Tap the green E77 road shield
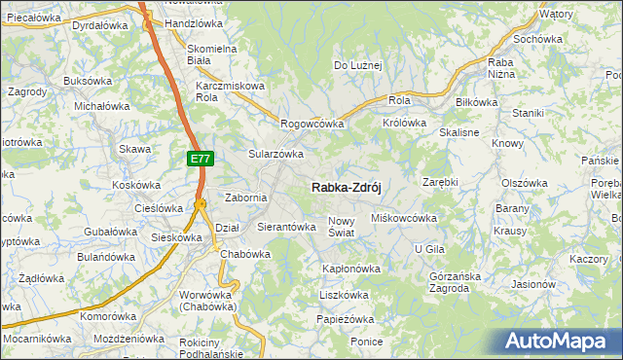[x=200, y=158]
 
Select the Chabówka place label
[x=244, y=254]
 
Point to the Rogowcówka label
[x=312, y=124]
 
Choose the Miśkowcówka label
[x=404, y=218]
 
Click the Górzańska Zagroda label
[x=456, y=281]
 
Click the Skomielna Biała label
[x=212, y=54]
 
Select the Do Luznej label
[x=358, y=66]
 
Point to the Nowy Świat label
[x=346, y=227]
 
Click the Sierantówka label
[x=286, y=227]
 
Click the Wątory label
[x=556, y=15]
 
